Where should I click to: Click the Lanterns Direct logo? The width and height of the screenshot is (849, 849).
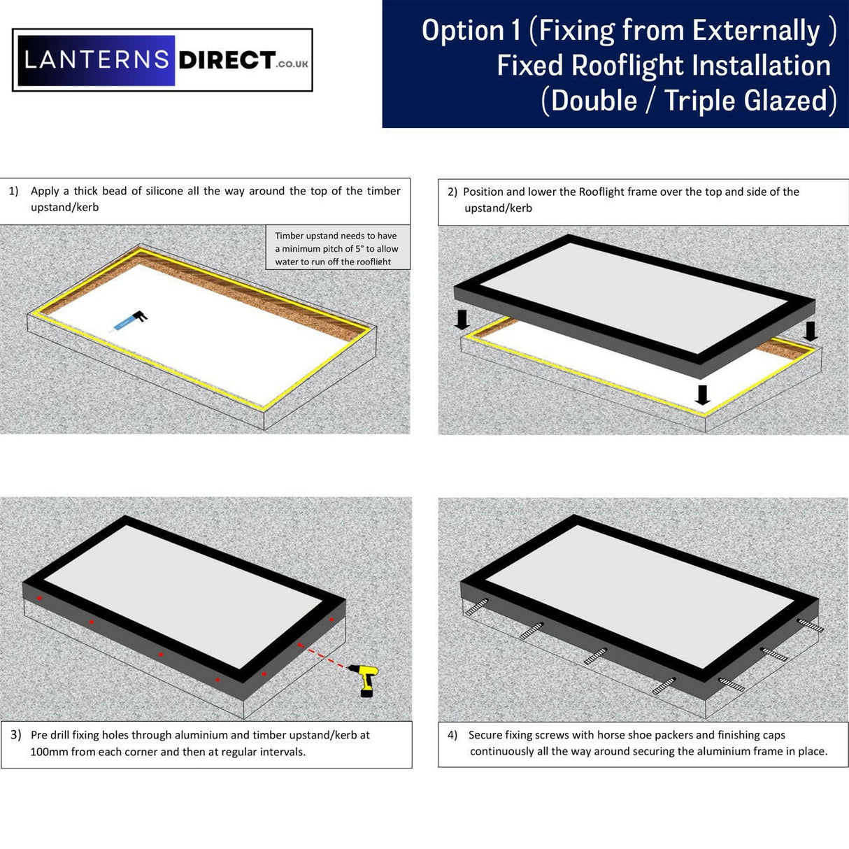click(162, 60)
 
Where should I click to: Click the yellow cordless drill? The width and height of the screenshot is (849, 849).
click(366, 679)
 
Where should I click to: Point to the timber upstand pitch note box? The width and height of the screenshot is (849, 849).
click(337, 248)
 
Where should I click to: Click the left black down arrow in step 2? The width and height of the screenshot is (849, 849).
click(462, 320)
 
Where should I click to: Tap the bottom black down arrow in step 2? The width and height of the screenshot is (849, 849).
click(702, 395)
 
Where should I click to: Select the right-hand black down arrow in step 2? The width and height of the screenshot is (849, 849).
click(810, 331)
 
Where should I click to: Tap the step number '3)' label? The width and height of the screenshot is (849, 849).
click(16, 735)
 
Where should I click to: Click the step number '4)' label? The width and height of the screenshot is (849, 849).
click(452, 735)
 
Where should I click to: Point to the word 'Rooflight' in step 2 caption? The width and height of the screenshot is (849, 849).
click(601, 192)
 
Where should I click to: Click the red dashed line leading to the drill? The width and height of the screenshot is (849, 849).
click(324, 657)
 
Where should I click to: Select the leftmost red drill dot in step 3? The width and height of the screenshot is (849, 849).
click(40, 598)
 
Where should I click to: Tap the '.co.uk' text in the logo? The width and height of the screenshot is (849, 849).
click(292, 64)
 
